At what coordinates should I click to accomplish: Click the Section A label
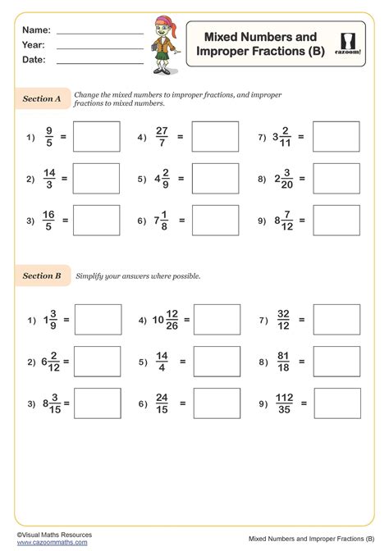(x=42, y=98)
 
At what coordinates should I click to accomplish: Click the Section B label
(x=42, y=275)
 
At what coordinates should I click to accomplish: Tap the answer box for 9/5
(x=96, y=137)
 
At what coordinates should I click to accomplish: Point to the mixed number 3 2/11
(x=281, y=137)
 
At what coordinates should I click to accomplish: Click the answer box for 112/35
(x=337, y=403)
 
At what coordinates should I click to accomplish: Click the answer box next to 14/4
(x=216, y=361)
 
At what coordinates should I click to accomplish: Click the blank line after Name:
(x=99, y=33)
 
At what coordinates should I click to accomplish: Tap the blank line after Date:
(x=99, y=62)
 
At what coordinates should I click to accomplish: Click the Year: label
(x=34, y=45)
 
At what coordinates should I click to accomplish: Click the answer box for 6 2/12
(x=98, y=361)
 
